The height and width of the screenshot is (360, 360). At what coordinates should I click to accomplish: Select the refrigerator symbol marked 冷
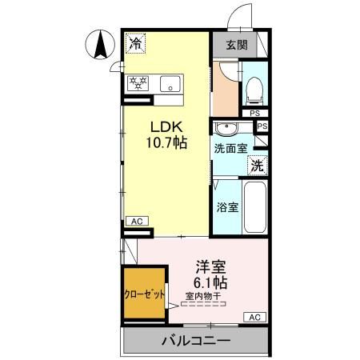coord(138,43)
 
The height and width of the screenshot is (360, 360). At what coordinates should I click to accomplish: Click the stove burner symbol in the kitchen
coord(138,83)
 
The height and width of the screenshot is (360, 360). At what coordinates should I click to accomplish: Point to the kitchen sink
coord(171,83)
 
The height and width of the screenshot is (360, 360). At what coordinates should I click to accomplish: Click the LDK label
coord(166,126)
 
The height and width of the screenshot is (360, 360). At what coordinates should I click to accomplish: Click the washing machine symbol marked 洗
coord(258,166)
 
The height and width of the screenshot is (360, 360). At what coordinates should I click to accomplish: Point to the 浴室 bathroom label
coord(227,207)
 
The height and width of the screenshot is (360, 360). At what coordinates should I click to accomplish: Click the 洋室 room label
coord(209,266)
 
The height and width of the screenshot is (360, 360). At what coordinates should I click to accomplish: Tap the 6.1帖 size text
coord(209,282)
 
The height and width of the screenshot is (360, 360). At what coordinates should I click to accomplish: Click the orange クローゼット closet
coord(145,294)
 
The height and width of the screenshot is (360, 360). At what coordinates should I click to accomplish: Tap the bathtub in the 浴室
coord(255,206)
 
